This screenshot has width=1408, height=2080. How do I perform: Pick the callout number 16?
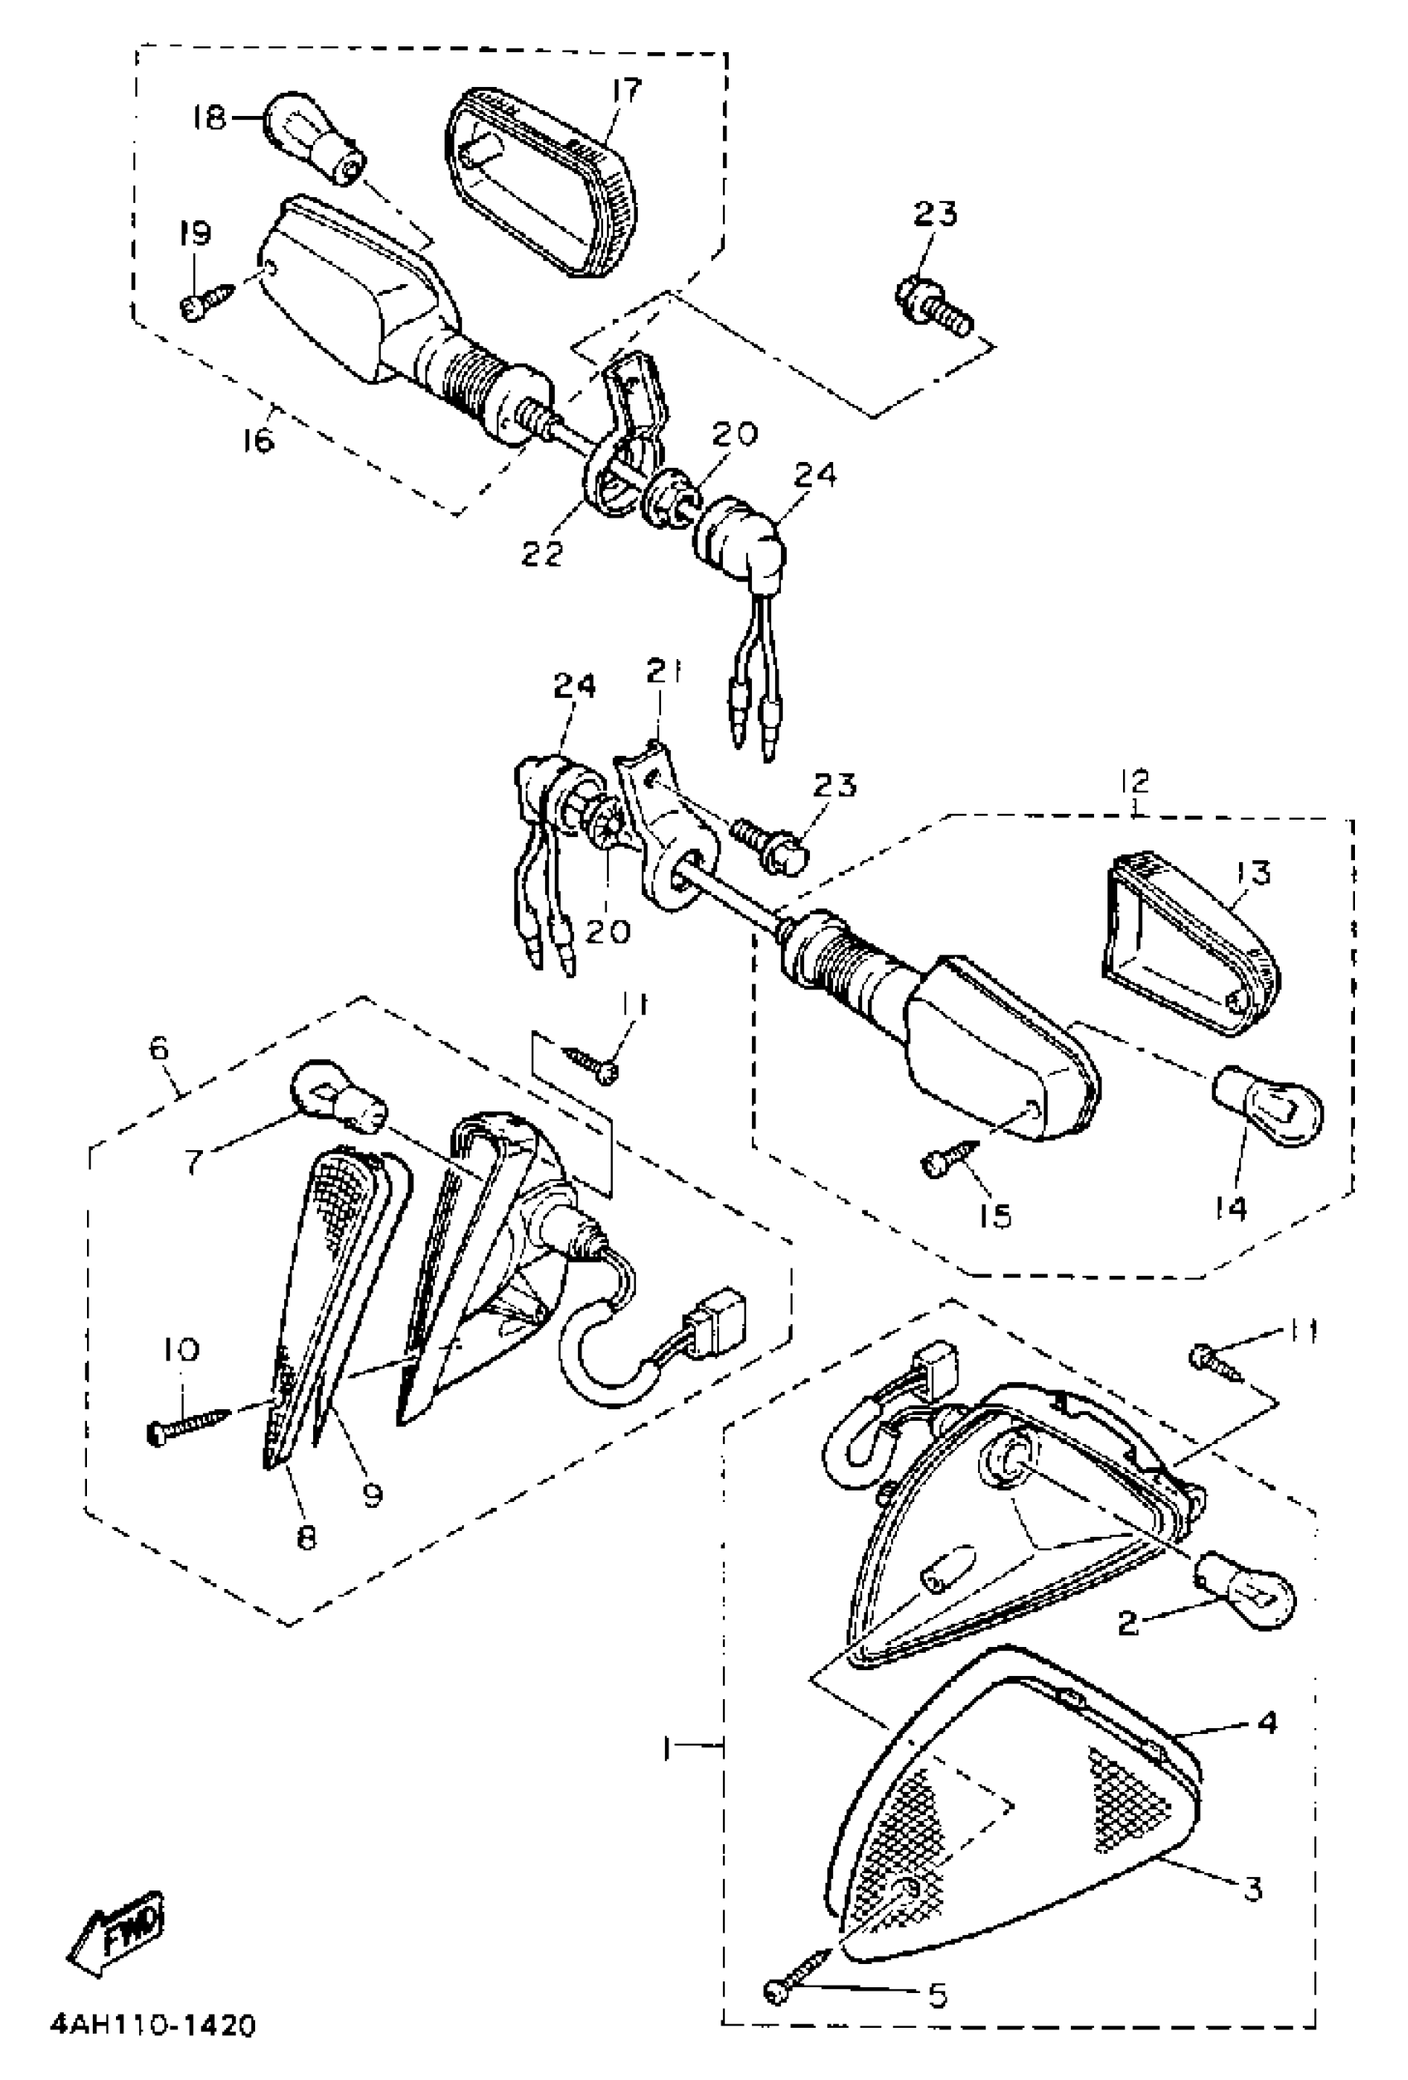[259, 441]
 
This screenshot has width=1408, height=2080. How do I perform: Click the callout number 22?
[542, 553]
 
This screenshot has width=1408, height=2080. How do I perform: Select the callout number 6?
[160, 1047]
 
